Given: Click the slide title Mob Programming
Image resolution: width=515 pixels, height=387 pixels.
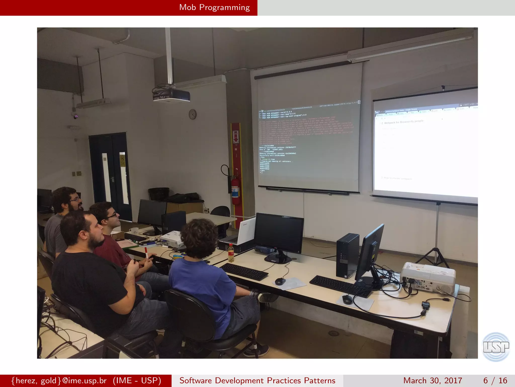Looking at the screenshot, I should [x=214, y=8].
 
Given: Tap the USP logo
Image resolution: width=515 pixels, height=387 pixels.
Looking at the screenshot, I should [x=496, y=347].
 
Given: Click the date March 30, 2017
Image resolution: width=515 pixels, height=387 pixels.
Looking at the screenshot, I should [x=433, y=380].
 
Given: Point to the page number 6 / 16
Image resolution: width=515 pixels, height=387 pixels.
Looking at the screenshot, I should [x=495, y=380].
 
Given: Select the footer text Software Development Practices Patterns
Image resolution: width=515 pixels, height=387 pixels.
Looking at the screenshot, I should [x=257, y=380].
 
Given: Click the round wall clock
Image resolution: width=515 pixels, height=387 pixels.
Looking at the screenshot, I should [x=193, y=114].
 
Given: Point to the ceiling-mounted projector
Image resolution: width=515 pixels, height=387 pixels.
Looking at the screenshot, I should [x=171, y=95].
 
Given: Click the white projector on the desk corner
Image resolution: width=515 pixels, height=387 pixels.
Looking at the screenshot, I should [x=427, y=277].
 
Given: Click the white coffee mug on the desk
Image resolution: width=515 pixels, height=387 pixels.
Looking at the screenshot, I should [x=134, y=231].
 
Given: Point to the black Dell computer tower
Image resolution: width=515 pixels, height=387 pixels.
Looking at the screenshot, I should [x=348, y=255].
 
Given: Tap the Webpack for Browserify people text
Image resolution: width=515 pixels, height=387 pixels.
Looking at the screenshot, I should [x=404, y=122].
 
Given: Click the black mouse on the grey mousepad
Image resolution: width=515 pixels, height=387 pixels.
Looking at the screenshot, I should [x=347, y=299].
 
